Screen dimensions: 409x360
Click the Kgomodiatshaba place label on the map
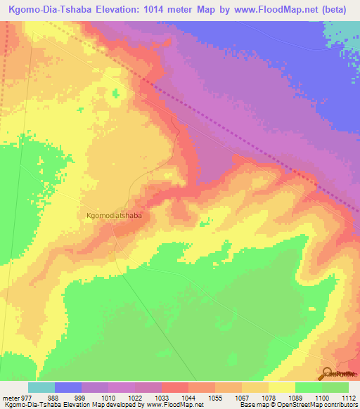113,216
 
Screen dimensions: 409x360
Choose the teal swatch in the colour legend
41,387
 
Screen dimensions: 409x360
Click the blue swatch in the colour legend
68,387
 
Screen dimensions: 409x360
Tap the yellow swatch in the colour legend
281,387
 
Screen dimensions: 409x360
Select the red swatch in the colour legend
174,387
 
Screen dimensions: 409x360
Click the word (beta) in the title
337,7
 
